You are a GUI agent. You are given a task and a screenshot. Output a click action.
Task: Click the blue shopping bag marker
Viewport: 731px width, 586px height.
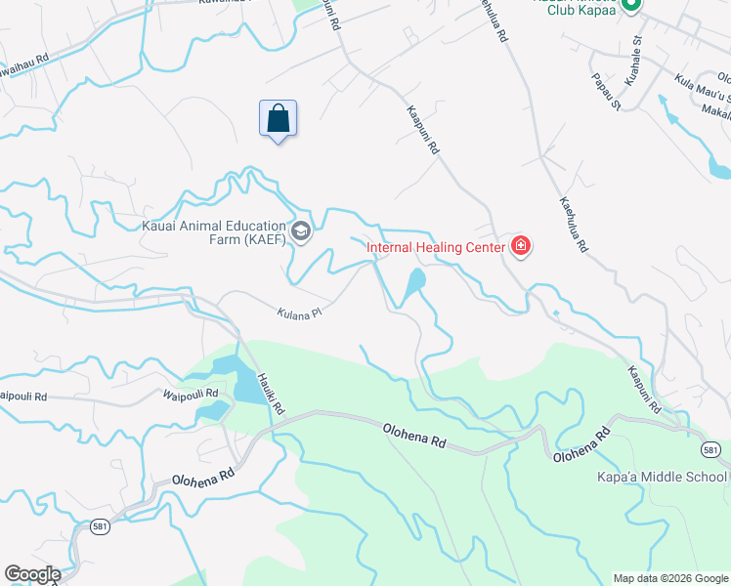coord(278,119)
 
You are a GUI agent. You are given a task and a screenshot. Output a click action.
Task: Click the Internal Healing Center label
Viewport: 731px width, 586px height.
coord(435,247)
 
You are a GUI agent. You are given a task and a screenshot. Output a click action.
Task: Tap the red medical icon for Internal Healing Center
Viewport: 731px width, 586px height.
coord(521,246)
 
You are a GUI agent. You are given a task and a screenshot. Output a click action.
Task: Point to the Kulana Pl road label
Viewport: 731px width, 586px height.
coord(298,314)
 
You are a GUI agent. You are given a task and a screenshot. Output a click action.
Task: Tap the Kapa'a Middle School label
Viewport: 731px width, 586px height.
coord(662,477)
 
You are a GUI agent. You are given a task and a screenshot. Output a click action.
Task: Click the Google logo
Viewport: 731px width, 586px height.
coord(32,574)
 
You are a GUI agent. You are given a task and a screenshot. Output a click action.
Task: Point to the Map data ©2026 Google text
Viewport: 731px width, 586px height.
coord(669,578)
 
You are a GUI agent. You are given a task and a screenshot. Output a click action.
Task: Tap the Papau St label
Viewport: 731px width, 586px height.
coord(605,88)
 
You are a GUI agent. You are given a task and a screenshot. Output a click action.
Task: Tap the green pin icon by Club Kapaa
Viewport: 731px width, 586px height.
coord(630,6)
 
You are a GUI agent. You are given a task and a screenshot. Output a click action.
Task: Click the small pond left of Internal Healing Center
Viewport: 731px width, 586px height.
coord(413,283)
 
